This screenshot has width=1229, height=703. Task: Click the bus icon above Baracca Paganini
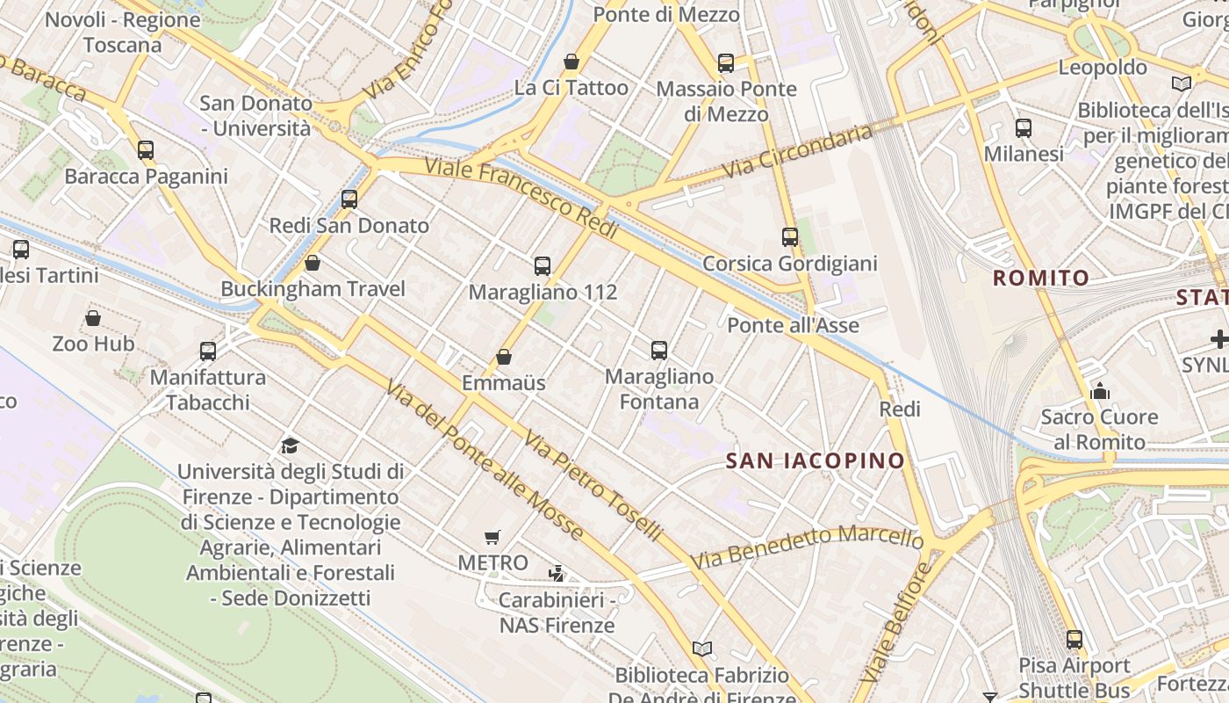146,150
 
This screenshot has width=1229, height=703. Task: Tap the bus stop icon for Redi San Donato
349,199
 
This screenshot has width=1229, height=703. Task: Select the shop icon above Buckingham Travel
312,263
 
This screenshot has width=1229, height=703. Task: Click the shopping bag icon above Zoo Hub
93,317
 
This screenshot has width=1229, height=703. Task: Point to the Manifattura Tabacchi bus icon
208,351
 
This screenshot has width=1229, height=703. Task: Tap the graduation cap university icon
290,446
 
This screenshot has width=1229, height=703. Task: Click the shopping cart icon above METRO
492,537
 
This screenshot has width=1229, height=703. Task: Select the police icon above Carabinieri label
556,574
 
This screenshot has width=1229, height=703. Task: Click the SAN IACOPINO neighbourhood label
816,460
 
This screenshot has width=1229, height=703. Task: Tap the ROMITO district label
1041,279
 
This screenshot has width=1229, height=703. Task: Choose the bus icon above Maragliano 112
543,266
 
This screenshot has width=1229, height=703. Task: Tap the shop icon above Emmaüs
504,357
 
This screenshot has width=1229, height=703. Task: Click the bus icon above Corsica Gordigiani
790,237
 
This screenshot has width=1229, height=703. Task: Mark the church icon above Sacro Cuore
1099,391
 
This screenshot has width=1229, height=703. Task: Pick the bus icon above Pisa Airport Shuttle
1074,640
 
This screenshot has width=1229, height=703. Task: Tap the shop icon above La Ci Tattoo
571,62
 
